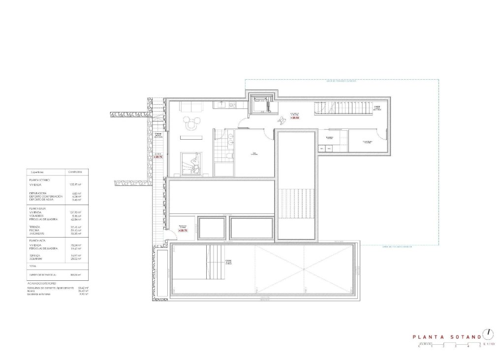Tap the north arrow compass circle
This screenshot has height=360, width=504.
[x=488, y=333]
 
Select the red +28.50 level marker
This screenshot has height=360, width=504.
[x=295, y=118]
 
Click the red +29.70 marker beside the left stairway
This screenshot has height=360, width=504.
[x=157, y=157]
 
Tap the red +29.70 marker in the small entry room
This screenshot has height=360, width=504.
[x=183, y=230]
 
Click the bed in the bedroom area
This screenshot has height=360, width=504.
[x=192, y=163]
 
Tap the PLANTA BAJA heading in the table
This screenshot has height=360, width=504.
[x=39, y=209]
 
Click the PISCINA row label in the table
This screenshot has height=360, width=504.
[x=37, y=230]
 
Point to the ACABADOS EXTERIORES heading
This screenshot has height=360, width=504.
[x=42, y=284]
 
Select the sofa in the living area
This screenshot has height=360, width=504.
[x=188, y=106]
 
